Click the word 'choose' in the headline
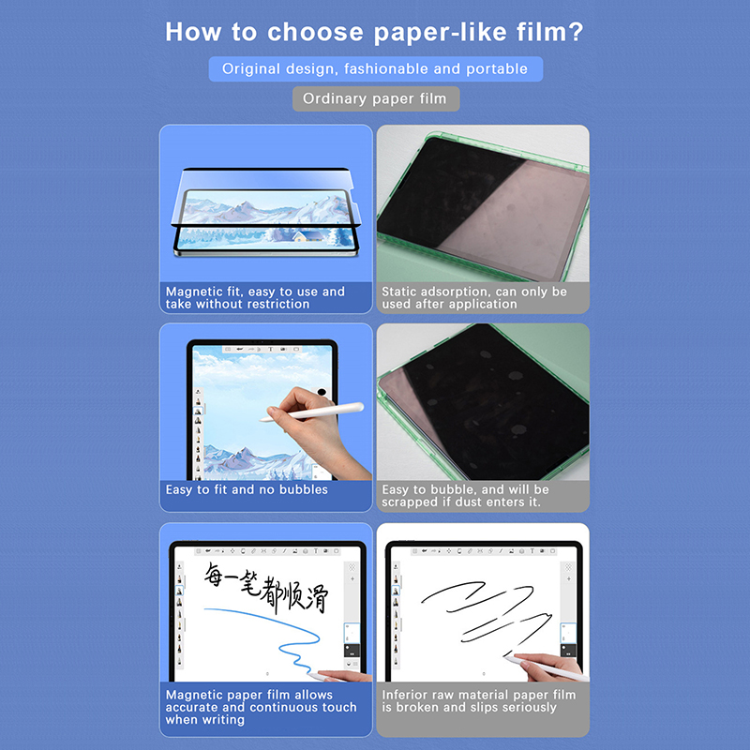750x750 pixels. tap(315, 33)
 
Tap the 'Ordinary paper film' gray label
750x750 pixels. tap(376, 98)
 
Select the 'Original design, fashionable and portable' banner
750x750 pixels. tap(376, 68)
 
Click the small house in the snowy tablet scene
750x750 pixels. tap(307, 235)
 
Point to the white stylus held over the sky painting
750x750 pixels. tap(312, 412)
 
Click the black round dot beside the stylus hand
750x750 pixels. tap(322, 392)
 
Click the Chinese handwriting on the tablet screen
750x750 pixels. tap(266, 587)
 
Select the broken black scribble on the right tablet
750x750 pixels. tap(486, 617)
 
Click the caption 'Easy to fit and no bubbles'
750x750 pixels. tap(247, 489)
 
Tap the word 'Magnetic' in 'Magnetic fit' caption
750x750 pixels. tap(193, 292)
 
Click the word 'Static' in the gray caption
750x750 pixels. tap(399, 292)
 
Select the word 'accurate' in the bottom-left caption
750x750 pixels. tap(192, 708)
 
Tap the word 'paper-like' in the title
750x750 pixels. tap(441, 34)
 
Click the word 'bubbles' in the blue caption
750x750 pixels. tap(304, 489)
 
